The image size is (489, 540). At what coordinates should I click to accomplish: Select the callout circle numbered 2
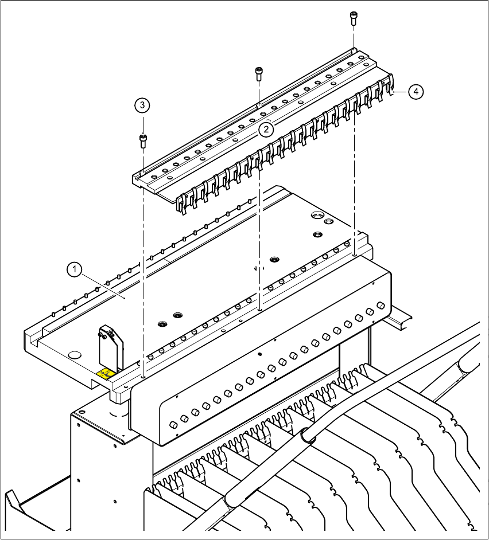click(x=265, y=130)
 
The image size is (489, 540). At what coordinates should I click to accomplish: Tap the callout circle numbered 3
click(x=142, y=105)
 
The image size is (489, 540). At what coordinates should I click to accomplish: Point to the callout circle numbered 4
click(x=416, y=91)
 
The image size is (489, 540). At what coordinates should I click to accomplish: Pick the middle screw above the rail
click(x=259, y=73)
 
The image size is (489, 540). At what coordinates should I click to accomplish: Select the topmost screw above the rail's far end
click(x=353, y=17)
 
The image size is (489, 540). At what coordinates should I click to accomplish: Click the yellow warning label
click(x=104, y=374)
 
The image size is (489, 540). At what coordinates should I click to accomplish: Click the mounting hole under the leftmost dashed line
click(x=142, y=378)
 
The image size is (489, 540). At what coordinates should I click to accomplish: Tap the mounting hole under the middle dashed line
click(x=261, y=310)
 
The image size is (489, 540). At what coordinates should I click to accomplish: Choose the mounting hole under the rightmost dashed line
click(x=355, y=255)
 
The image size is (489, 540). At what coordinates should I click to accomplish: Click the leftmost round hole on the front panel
click(x=173, y=425)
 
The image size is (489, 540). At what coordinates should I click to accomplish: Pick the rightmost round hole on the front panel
click(x=381, y=306)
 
